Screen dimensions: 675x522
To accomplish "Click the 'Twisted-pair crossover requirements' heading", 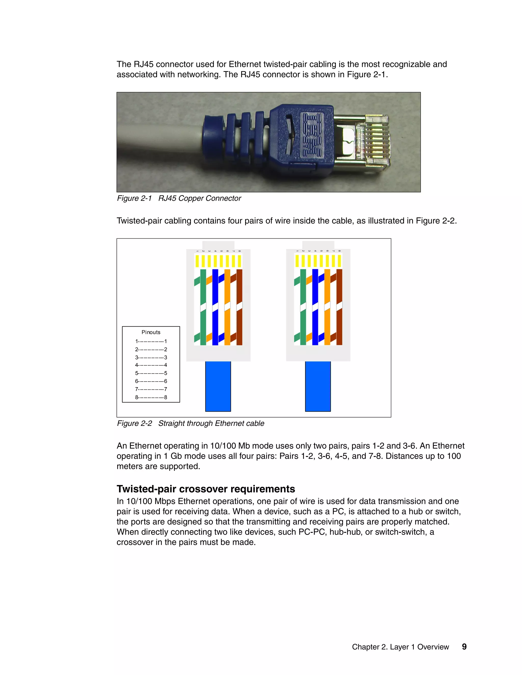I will pos(206,489).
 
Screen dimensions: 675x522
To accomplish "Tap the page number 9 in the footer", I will pos(464,646).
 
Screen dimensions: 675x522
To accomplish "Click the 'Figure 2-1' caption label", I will pos(134,198).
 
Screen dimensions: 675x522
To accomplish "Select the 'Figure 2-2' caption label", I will pos(134,423).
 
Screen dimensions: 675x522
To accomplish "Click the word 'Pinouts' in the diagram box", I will pos(151,332).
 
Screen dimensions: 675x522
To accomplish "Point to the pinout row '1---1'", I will pos(151,342).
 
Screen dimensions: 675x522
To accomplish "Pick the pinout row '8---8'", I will pos(151,397).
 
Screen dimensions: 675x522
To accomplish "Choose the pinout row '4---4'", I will pos(151,365).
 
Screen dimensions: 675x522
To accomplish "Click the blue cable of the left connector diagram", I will pos(218,386).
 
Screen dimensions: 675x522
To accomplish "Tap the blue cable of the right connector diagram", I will pos(318,386).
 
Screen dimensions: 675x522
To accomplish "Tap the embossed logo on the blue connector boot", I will pos(312,134).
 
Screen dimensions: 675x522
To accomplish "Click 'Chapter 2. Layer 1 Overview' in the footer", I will pos(400,647).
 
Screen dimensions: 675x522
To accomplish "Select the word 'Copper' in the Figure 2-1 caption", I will pos(192,198).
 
